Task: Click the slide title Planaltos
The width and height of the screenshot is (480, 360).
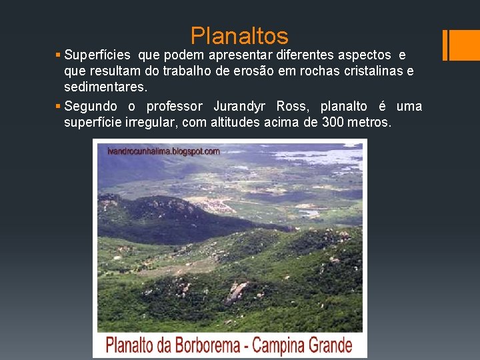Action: pos(239,35)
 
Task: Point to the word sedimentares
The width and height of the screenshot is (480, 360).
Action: pos(105,87)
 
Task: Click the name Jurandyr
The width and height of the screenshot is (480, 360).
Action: pos(239,107)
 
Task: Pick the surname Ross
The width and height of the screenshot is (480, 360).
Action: pos(292,107)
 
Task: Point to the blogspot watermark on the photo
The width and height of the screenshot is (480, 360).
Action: pos(163,151)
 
